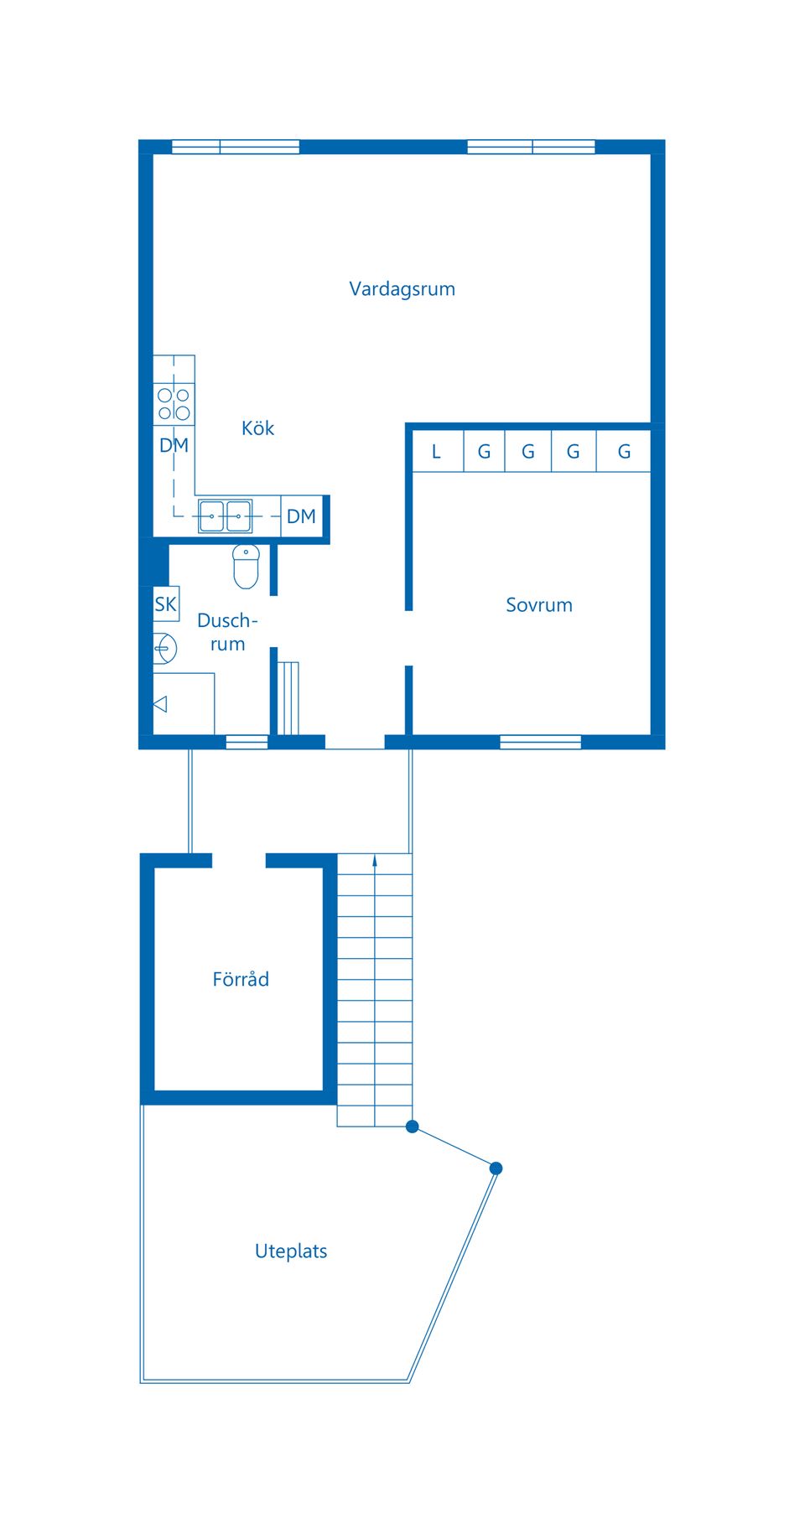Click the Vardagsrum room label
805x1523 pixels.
click(402, 289)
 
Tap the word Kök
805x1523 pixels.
click(257, 428)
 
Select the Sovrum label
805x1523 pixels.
click(538, 605)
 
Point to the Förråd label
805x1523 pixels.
click(241, 979)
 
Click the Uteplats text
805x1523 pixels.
click(290, 1251)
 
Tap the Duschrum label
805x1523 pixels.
click(226, 632)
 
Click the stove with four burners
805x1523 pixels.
click(174, 404)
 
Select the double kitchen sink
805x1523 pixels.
click(225, 516)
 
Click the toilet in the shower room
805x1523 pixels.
click(246, 567)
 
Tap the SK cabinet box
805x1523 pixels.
click(166, 604)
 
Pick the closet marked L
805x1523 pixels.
click(436, 452)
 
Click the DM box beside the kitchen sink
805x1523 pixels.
click(301, 516)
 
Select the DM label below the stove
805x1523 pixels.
click(174, 445)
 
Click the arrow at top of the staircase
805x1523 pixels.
click(375, 860)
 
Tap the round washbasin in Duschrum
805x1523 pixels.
click(164, 648)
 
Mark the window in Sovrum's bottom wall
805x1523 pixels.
click(540, 742)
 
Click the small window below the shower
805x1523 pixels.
click(247, 742)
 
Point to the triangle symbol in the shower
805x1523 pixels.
click(160, 704)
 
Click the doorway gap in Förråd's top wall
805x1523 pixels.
click(238, 861)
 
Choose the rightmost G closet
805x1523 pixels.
click(624, 452)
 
